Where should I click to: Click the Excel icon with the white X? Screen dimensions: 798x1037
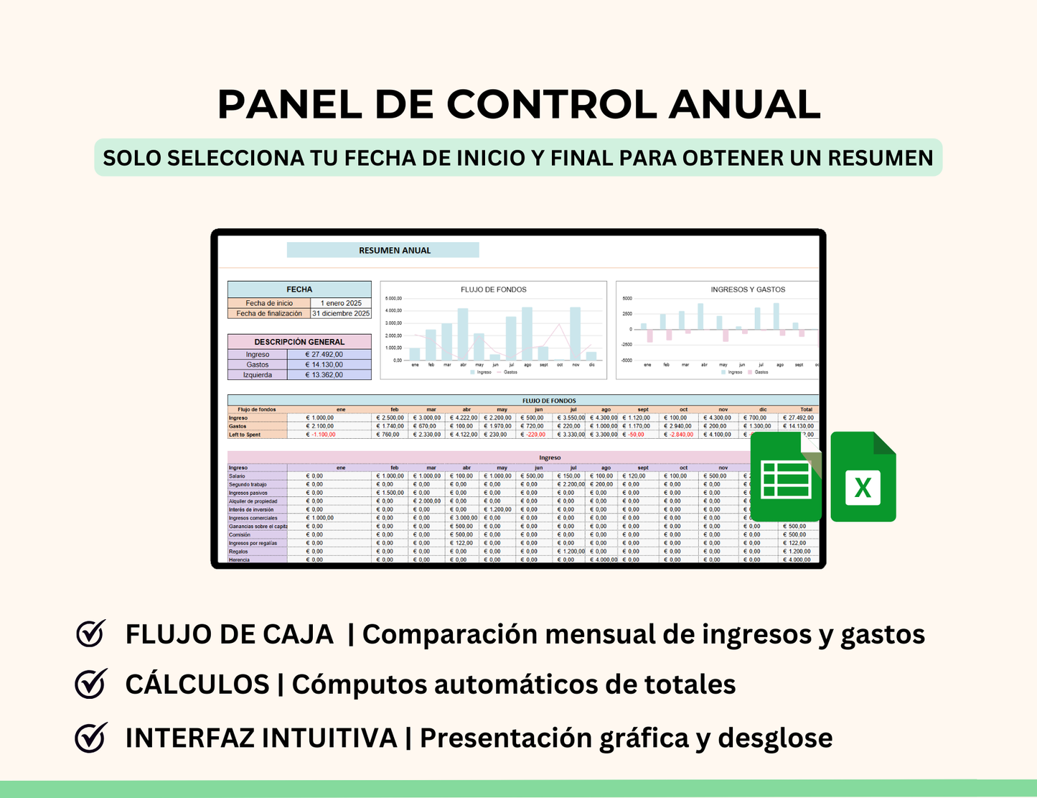click(863, 478)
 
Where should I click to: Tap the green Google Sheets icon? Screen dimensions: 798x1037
click(786, 478)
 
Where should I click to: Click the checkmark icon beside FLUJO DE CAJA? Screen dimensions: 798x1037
click(90, 634)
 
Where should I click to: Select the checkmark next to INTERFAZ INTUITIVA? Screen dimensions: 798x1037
click(90, 738)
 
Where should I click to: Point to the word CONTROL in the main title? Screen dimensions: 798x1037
click(551, 105)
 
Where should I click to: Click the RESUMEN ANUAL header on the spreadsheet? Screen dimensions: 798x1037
click(395, 251)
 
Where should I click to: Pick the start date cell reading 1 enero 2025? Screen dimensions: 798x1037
click(342, 303)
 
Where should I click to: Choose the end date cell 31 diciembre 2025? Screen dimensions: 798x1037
click(342, 313)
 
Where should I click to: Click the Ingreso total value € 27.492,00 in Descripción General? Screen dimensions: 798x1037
click(324, 354)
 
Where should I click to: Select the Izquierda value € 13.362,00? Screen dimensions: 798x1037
click(324, 375)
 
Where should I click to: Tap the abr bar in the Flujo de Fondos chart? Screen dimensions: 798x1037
click(463, 335)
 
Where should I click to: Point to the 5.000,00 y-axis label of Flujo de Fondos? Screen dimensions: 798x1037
click(393, 298)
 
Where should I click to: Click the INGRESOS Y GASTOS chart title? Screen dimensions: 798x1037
click(748, 289)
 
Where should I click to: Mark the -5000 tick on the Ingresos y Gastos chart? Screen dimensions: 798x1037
click(627, 361)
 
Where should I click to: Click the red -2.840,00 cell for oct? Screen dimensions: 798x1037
click(679, 435)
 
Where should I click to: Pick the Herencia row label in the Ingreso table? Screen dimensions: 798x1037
click(240, 560)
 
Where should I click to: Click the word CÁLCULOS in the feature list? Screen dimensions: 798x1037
click(197, 685)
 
